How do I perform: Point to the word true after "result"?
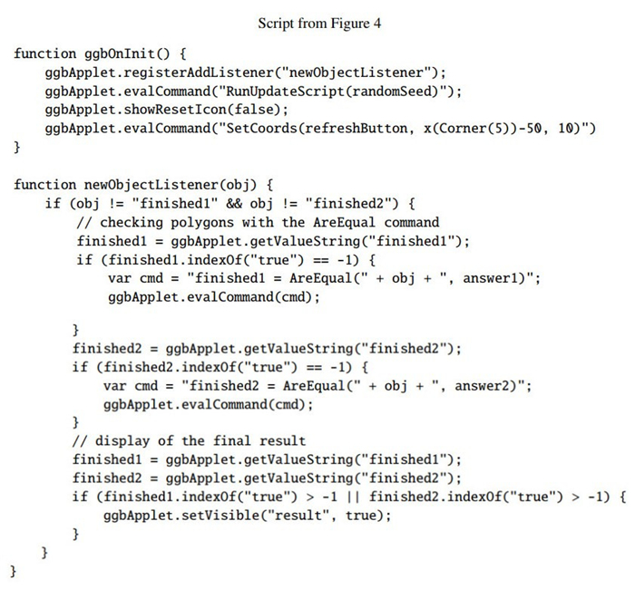tap(360, 515)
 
